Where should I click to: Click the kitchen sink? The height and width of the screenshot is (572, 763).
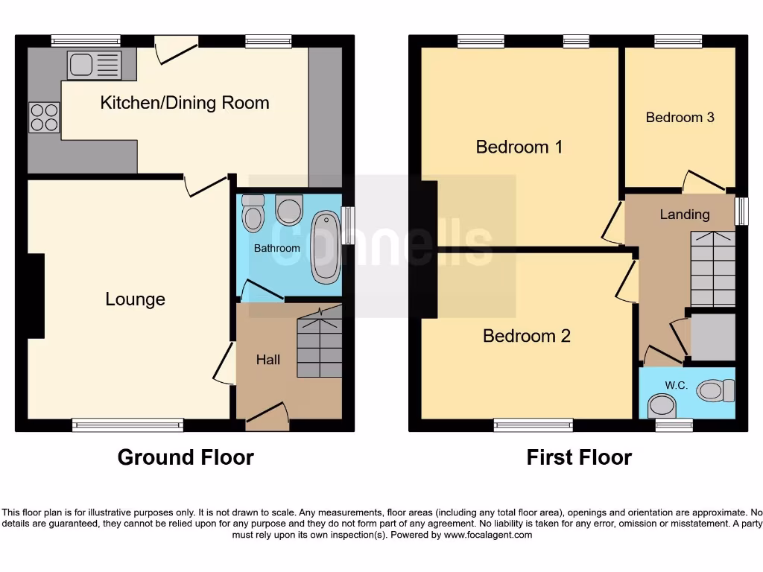pos(94,64)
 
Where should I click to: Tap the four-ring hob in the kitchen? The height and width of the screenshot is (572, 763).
pos(44,118)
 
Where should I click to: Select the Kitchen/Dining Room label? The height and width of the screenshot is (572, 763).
pos(185,103)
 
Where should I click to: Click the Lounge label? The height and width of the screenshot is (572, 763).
pos(135,299)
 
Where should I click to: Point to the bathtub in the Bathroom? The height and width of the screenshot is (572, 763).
pos(326,247)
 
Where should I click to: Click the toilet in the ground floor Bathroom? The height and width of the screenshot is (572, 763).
pos(289,209)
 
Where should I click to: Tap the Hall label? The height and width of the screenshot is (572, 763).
pos(268,360)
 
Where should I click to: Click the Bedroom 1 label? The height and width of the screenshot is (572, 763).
pos(519,147)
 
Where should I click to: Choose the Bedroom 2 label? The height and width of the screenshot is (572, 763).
pos(527,336)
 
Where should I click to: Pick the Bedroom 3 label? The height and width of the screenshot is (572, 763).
pos(680,118)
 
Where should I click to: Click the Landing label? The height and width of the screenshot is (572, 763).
pos(685,214)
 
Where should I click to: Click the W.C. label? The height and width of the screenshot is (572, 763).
pos(677,386)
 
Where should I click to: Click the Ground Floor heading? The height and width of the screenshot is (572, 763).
pos(186,457)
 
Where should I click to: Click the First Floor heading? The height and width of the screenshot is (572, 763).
pos(579,457)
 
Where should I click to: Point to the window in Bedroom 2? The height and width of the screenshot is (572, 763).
pos(533,425)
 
